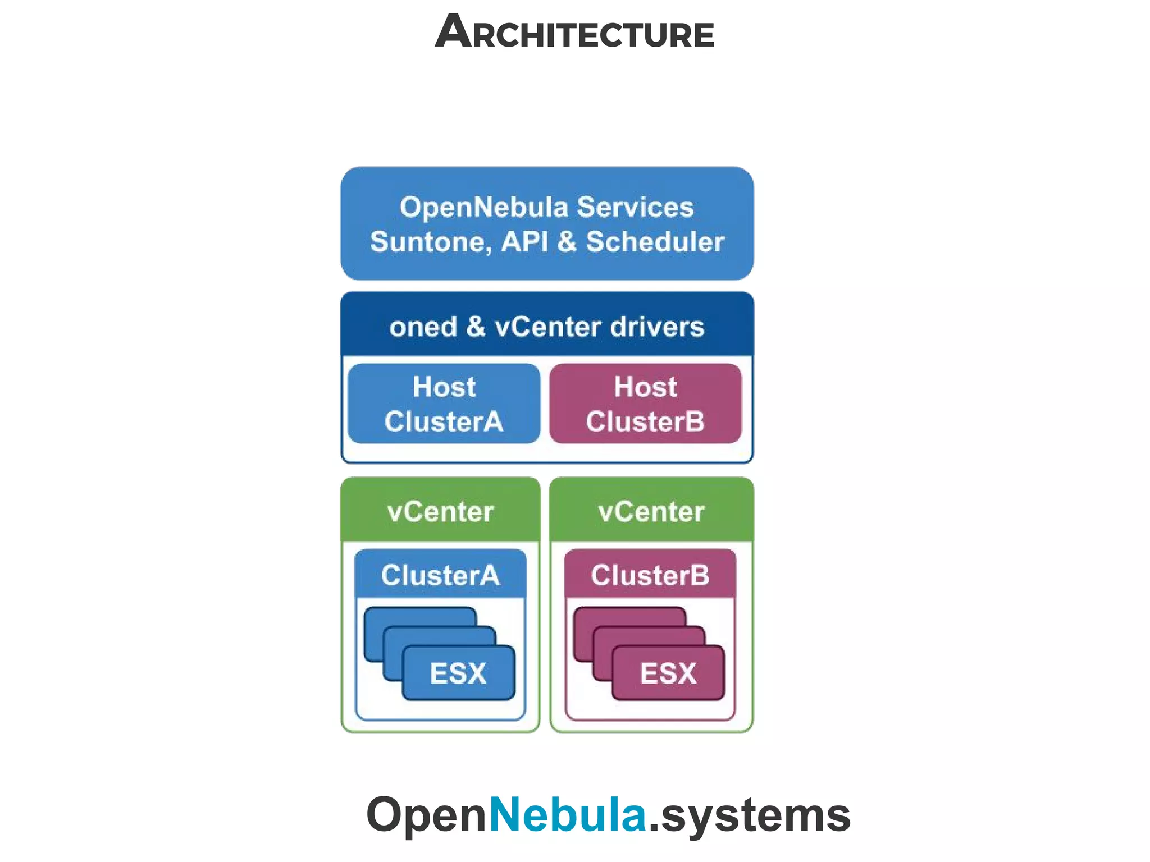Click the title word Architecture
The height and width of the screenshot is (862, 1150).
[x=574, y=33]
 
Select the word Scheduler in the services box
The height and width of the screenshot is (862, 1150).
[x=655, y=242]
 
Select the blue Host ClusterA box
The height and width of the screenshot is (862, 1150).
[x=444, y=404]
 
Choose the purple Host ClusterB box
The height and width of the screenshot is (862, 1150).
[x=645, y=404]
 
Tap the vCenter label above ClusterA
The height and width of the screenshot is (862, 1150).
[x=440, y=511]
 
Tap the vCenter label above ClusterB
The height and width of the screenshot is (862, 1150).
[x=651, y=511]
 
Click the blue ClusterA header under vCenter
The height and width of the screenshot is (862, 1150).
[x=440, y=575]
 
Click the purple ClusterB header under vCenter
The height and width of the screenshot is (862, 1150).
[x=650, y=575]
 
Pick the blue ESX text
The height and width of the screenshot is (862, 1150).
[x=458, y=673]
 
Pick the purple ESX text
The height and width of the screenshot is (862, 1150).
[x=668, y=673]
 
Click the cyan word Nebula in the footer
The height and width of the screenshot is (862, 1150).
[x=568, y=814]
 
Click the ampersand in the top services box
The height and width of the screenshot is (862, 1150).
[x=567, y=242]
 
